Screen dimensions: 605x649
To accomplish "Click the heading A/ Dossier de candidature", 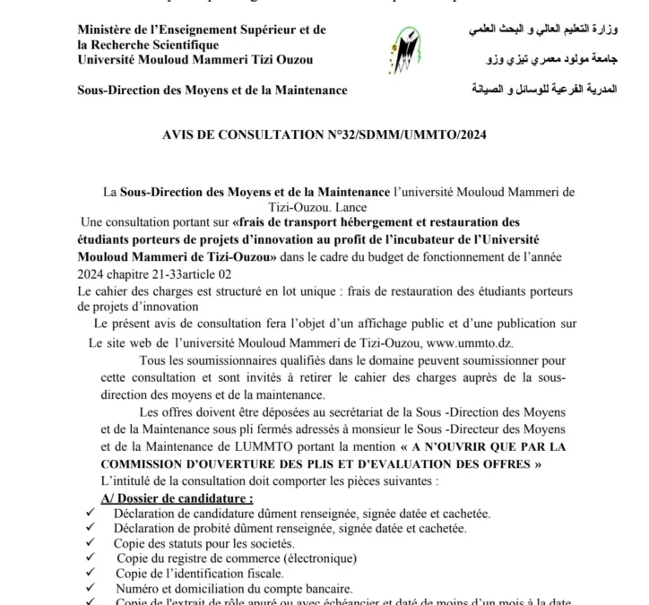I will [x=177, y=497].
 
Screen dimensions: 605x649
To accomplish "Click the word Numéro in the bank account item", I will [x=138, y=589].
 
